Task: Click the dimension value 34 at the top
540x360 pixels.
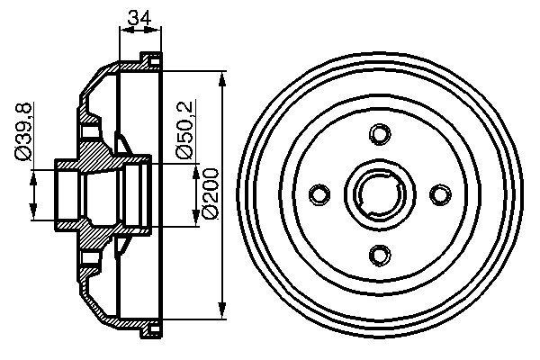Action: (x=139, y=16)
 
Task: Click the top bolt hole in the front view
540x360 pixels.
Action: (x=378, y=135)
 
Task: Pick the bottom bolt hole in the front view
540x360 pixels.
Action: (x=378, y=256)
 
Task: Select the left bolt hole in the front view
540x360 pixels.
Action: (x=318, y=194)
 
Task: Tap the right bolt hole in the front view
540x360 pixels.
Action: (x=439, y=194)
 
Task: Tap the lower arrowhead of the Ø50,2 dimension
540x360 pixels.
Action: (x=194, y=221)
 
